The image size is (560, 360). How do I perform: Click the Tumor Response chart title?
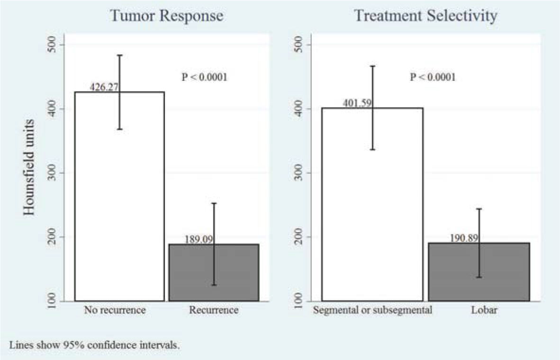pos(166,16)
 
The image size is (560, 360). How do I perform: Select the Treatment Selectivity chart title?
pos(425,16)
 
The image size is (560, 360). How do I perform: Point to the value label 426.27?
pos(104,87)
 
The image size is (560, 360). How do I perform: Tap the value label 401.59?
pos(352,103)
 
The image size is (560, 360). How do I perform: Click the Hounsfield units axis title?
pos(29,173)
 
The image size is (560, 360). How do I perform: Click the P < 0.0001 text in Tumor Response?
pos(205,77)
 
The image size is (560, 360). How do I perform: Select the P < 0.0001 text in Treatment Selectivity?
pos(433,77)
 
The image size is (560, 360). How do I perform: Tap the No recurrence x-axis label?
pos(115,311)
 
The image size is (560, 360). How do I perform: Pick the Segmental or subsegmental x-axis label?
pos(372,311)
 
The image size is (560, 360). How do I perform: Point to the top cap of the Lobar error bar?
pos(479,208)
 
